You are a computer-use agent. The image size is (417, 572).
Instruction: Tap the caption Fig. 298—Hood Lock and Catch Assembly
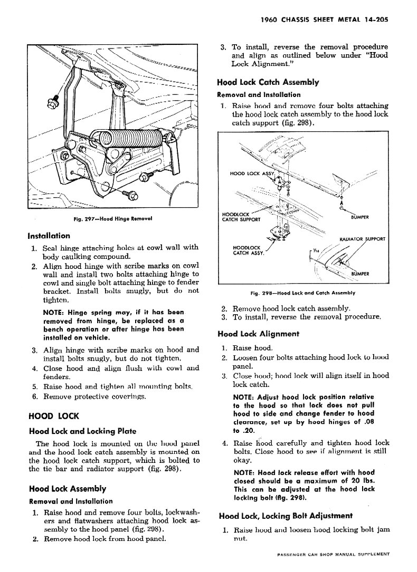302,293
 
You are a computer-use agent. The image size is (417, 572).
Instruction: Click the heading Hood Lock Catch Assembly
268,82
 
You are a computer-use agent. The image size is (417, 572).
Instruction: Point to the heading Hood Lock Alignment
258,334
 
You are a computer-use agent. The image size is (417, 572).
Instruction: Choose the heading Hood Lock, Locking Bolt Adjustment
286,516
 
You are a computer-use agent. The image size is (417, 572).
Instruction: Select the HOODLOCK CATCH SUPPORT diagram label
242,217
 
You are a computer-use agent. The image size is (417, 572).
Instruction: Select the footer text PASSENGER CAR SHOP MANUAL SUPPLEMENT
333,554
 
